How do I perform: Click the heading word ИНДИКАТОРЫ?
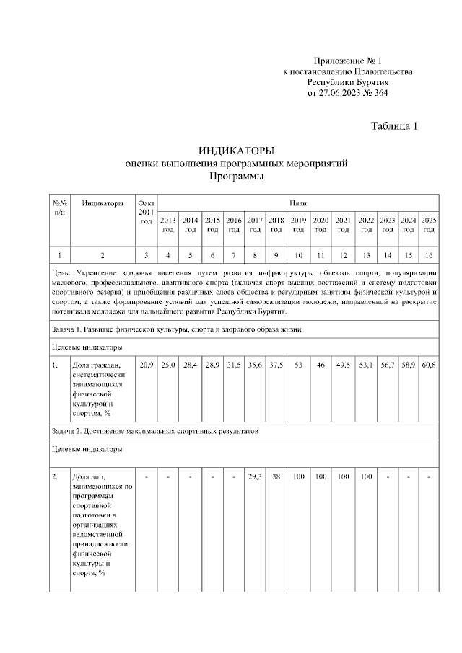click(236, 151)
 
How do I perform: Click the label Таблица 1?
click(394, 126)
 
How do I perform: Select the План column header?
click(298, 203)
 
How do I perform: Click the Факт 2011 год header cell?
click(146, 213)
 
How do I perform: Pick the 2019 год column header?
click(298, 224)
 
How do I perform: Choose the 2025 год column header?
click(429, 224)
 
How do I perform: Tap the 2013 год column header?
click(167, 224)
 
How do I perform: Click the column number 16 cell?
click(429, 255)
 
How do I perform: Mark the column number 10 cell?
click(298, 255)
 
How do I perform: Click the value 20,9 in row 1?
click(146, 366)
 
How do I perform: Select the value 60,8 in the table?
click(429, 366)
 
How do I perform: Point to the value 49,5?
click(344, 366)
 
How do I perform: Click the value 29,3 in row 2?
click(254, 476)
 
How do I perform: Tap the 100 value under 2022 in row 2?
click(367, 476)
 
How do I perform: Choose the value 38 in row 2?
click(276, 476)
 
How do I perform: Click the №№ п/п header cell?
click(59, 208)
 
